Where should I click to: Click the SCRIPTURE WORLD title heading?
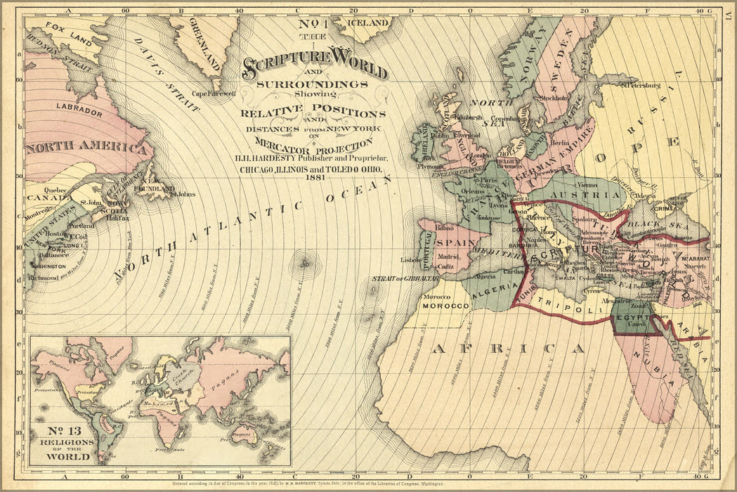315,68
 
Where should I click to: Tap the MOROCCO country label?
445,307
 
